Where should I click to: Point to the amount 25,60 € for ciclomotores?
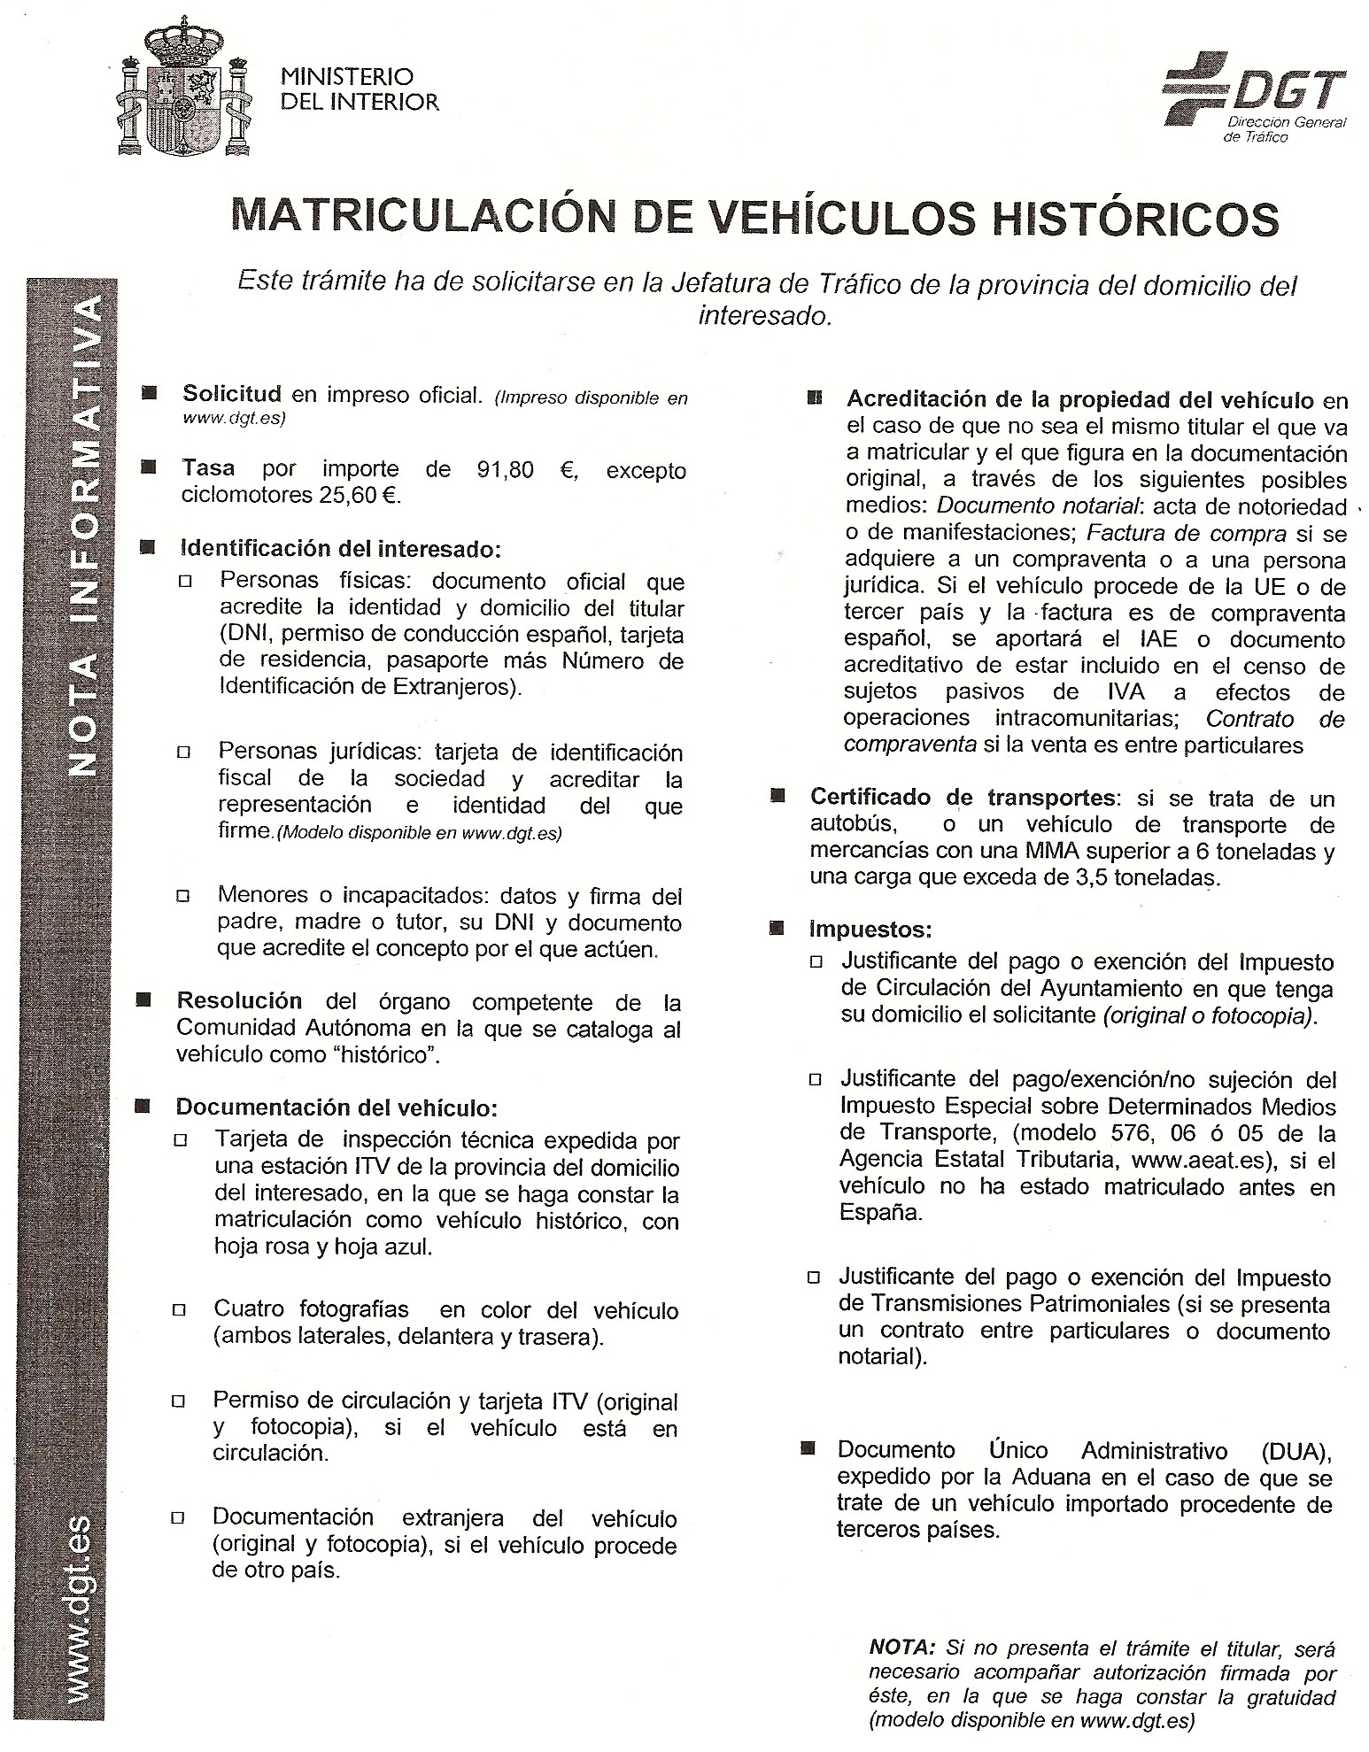point(363,495)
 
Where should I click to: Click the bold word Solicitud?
point(231,394)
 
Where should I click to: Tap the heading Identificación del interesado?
point(340,549)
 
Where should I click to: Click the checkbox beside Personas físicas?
point(185,582)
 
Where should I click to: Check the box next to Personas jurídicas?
point(184,753)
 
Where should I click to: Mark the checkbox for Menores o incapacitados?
point(184,896)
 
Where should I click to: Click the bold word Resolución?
point(239,1001)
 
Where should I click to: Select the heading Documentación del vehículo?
point(336,1107)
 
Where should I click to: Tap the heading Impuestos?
point(870,930)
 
